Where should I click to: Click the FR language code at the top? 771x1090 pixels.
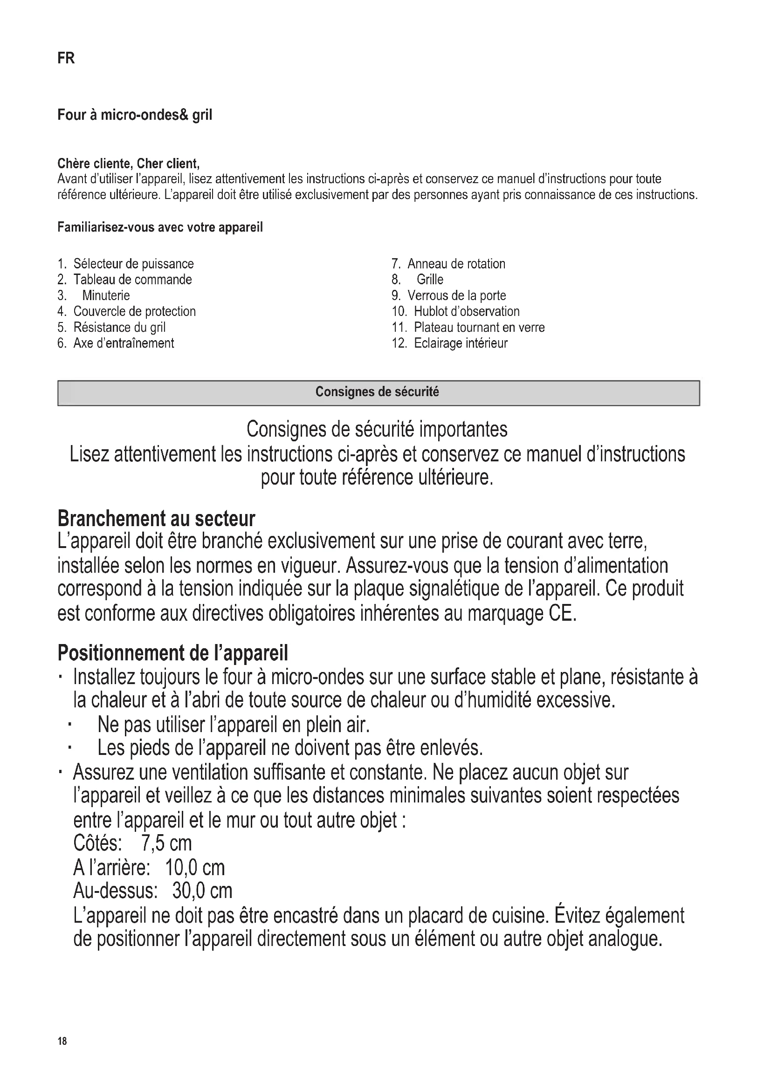tap(66, 58)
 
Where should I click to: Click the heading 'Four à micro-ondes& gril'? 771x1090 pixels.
tap(135, 115)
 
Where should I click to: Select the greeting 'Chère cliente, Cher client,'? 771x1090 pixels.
tap(128, 164)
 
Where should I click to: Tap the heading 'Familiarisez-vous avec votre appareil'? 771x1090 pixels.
tap(160, 227)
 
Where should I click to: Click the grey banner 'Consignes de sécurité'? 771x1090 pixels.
tap(379, 392)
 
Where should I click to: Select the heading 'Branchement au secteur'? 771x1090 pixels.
tap(156, 519)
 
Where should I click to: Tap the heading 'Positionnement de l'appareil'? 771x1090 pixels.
tap(173, 653)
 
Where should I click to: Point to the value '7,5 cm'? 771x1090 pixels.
tap(166, 843)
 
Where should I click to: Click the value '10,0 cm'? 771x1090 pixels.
tap(195, 868)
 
